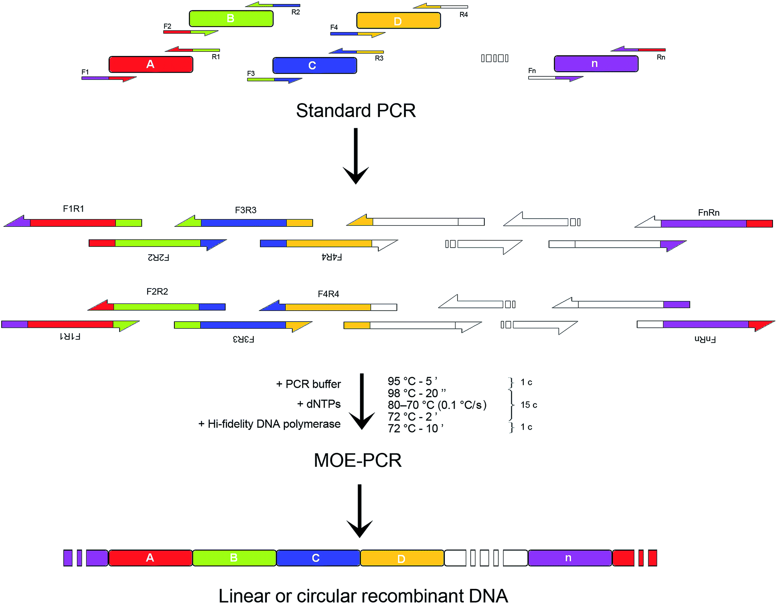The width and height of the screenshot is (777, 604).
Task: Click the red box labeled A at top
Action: (150, 65)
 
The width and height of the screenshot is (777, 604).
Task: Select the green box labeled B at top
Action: (231, 18)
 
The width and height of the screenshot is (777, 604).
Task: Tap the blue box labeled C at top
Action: (314, 65)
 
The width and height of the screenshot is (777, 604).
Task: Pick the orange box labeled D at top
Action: (398, 21)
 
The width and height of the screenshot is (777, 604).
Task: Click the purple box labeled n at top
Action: (596, 64)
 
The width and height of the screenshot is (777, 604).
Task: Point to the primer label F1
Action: (85, 72)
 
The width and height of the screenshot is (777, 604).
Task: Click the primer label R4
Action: (463, 15)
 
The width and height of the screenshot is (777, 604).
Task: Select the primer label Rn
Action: (661, 58)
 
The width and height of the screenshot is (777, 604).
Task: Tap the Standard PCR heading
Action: (356, 111)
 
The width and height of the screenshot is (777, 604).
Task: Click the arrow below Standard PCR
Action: (356, 156)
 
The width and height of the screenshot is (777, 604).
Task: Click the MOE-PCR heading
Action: (357, 460)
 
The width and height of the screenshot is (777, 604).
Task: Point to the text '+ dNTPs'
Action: (319, 404)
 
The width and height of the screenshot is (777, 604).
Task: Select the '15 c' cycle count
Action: (529, 405)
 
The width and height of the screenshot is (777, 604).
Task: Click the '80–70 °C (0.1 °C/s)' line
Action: (437, 405)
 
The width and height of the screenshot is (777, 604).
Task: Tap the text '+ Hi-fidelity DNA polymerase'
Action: (269, 424)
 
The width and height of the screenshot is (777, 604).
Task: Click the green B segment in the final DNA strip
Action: (234, 558)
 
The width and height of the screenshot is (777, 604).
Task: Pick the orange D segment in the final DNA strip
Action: (402, 558)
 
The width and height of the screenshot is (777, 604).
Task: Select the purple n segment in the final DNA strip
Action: (569, 558)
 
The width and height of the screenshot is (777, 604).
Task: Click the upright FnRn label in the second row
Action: (708, 212)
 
